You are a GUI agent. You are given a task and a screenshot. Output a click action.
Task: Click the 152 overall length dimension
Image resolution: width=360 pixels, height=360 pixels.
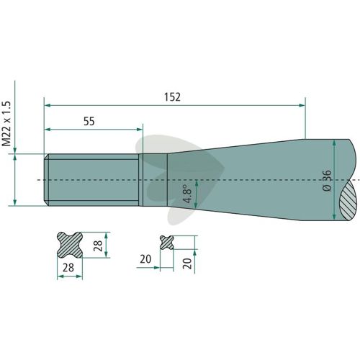tap(172, 97)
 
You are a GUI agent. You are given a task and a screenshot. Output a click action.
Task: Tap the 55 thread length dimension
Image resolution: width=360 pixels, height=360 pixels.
tap(89, 122)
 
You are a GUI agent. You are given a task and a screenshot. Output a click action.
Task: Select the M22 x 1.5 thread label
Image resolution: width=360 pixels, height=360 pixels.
tap(6, 124)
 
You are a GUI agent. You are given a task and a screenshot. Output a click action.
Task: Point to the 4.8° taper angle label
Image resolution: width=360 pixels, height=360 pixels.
tap(187, 194)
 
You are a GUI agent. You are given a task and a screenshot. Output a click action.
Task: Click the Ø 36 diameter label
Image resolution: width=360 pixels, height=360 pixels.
tap(327, 181)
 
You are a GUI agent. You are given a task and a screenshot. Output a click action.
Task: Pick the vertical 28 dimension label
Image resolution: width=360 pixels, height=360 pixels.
tap(98, 246)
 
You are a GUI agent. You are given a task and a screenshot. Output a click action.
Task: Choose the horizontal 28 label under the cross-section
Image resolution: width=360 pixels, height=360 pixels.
tap(68, 268)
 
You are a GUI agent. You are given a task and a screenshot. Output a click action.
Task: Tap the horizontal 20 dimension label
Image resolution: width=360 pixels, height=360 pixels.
tap(145, 259)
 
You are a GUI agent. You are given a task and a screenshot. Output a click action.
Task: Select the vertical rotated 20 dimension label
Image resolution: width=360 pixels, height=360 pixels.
tap(187, 264)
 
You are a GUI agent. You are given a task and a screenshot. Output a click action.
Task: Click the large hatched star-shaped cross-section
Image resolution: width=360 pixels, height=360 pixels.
tap(70, 245)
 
